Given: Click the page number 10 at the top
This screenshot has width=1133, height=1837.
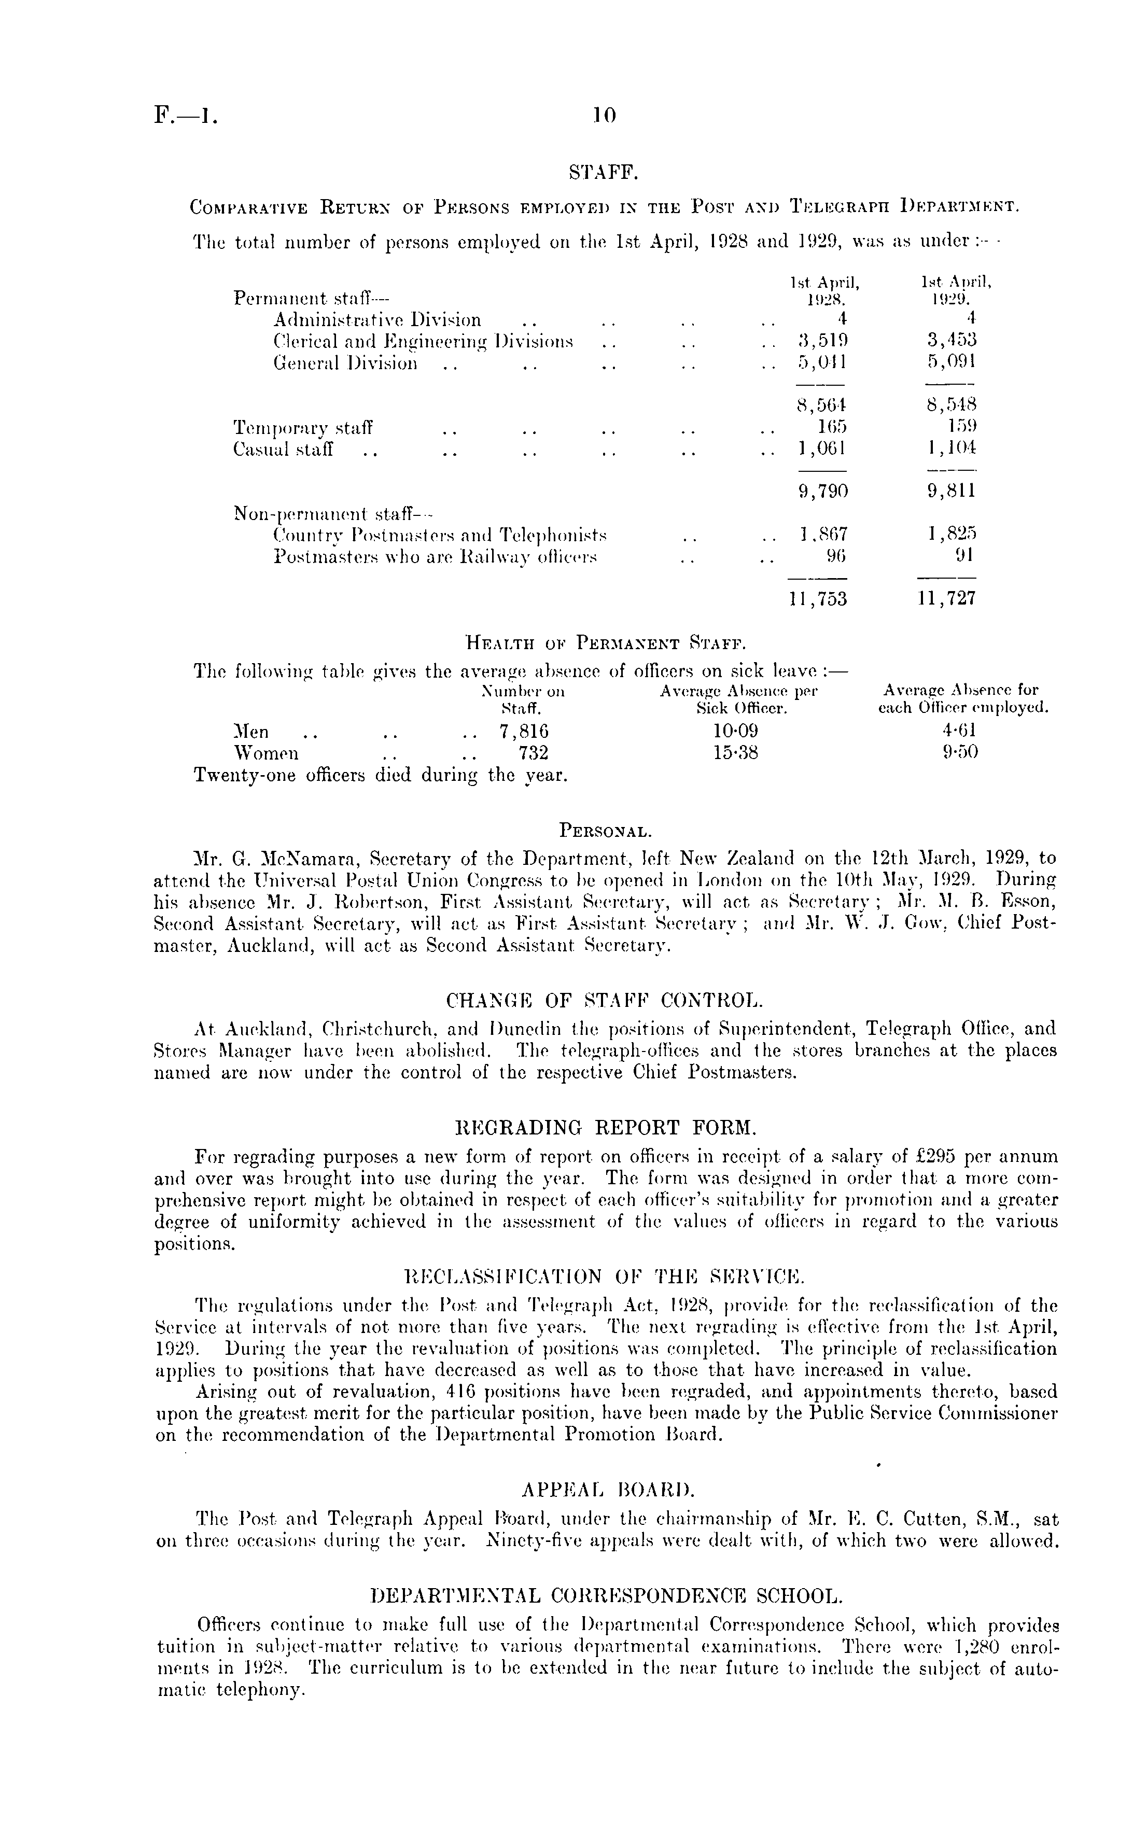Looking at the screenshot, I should [x=603, y=115].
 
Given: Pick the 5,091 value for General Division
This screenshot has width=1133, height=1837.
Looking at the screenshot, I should [x=952, y=363].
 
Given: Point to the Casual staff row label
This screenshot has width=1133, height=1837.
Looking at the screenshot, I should [x=284, y=450].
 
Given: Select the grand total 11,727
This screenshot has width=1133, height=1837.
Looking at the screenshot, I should [x=946, y=599].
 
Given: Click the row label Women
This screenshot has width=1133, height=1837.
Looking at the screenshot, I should [x=266, y=753].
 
